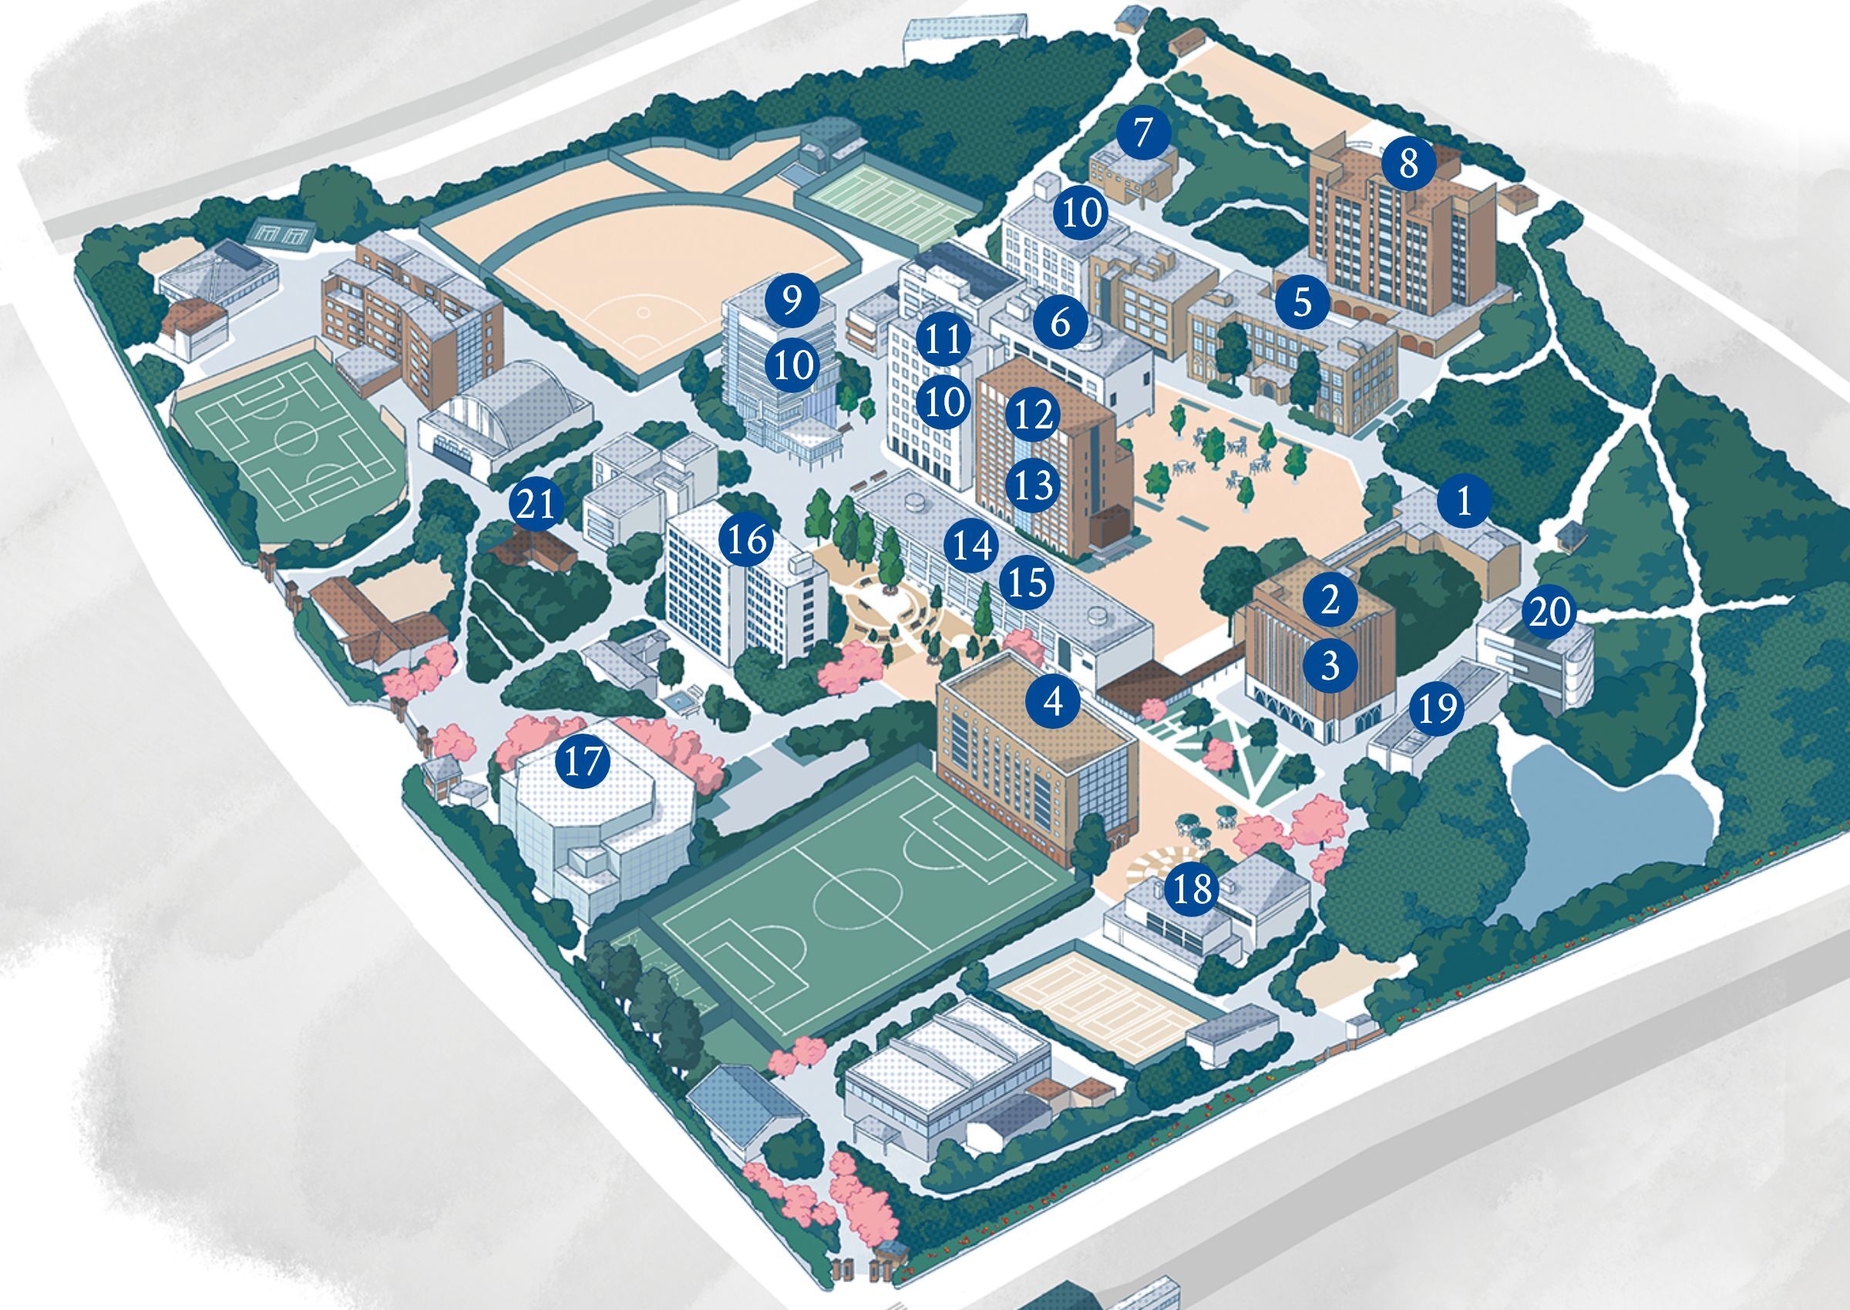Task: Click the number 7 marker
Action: [x=1141, y=133]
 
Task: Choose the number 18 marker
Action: [x=1193, y=889]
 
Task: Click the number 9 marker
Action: [x=792, y=300]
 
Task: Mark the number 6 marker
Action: [x=1060, y=323]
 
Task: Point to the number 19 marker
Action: [x=1438, y=708]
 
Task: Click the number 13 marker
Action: [x=1034, y=485]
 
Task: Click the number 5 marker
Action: [x=1302, y=302]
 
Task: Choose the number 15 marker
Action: [x=1027, y=582]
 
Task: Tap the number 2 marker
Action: [x=1330, y=598]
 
